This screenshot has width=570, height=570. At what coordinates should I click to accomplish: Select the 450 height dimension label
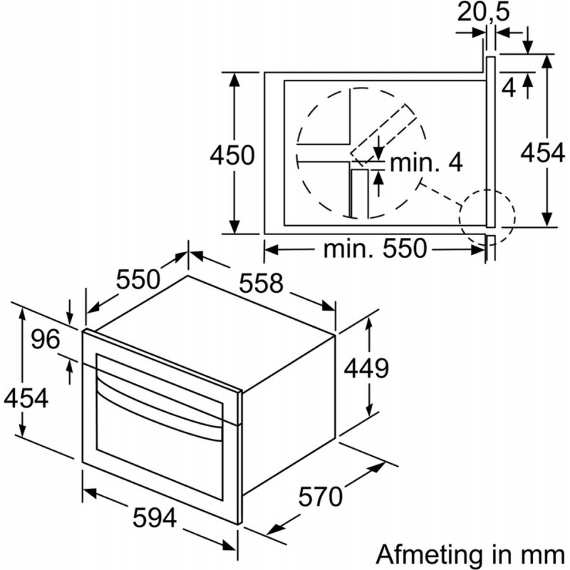tap(232, 155)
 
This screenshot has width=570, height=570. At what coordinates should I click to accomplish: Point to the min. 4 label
tap(426, 163)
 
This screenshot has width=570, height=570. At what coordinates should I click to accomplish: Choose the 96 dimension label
tap(46, 340)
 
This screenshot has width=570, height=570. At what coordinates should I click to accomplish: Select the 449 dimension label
tap(366, 368)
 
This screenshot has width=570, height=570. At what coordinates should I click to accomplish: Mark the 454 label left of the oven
tap(26, 398)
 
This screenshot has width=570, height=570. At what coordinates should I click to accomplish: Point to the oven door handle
tap(164, 405)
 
